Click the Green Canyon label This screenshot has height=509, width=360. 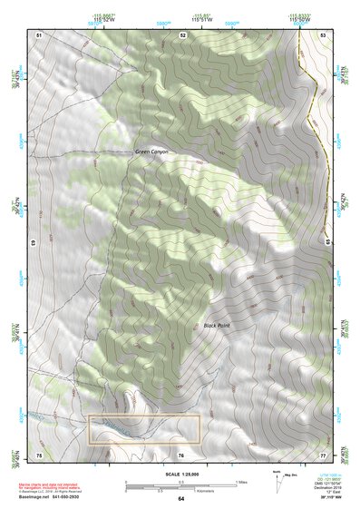(151, 152)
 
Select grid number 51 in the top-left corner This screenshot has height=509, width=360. (39, 34)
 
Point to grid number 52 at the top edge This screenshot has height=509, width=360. (182, 34)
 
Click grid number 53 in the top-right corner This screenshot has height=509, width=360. (324, 34)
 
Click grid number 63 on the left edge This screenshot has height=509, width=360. (34, 243)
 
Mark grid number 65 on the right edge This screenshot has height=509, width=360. (327, 243)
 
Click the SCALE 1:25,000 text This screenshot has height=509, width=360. (181, 471)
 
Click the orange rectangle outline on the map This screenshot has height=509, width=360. (144, 429)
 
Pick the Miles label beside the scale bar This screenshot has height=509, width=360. (242, 481)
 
